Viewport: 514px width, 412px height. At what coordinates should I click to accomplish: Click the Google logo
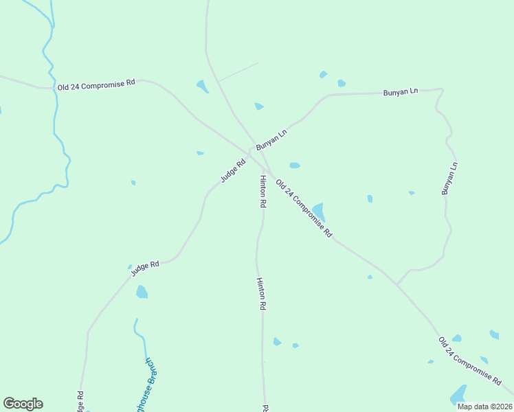[23, 404]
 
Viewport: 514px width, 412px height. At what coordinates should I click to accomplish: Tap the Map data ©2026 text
[484, 406]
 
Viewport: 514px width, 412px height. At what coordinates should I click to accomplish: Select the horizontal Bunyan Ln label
[400, 91]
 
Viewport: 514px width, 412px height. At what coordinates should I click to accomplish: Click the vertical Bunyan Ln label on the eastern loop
[449, 178]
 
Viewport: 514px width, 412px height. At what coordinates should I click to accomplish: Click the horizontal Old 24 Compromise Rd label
[96, 84]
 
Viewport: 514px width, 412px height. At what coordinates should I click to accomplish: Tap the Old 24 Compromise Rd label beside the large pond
[304, 208]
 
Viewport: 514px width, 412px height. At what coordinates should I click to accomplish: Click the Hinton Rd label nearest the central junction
[262, 191]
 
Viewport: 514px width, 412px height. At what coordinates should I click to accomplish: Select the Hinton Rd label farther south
[260, 295]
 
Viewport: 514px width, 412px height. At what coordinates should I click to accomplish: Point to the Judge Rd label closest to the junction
[233, 171]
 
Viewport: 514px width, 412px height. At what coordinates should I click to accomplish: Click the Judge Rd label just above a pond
[145, 268]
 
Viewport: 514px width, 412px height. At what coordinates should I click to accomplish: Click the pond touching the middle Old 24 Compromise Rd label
[318, 212]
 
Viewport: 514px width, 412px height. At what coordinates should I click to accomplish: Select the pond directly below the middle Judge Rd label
[142, 292]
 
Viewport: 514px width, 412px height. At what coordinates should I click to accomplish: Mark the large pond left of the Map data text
[458, 395]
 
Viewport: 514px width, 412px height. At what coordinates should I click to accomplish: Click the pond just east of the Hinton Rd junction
[295, 165]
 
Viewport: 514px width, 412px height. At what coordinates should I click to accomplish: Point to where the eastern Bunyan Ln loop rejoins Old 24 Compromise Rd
[397, 284]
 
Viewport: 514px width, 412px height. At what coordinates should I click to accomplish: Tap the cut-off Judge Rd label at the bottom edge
[80, 402]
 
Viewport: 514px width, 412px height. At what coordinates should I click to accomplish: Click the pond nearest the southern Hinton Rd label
[277, 341]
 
